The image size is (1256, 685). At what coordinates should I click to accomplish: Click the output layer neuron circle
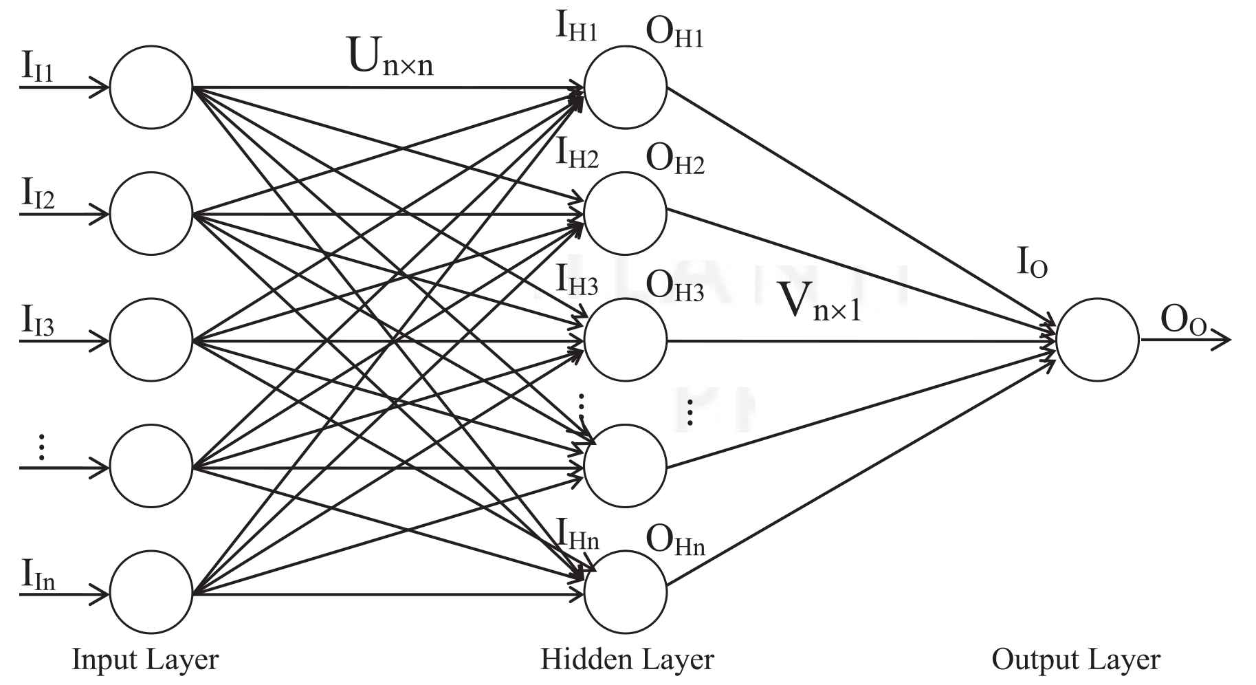[1097, 340]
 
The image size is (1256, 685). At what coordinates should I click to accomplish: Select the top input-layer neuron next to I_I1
[151, 87]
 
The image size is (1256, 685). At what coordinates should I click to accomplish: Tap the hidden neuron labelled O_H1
[625, 87]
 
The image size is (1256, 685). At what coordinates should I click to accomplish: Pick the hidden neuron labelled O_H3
[625, 340]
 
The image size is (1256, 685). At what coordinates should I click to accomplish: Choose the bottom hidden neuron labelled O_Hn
[625, 592]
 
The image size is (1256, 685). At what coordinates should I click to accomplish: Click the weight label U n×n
[390, 56]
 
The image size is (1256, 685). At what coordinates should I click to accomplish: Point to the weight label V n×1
[819, 303]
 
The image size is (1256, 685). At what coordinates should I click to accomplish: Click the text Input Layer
[145, 659]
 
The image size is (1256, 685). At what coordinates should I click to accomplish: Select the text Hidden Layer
[627, 659]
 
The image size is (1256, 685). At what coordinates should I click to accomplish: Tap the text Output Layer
[1075, 659]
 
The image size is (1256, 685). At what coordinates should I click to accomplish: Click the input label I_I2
[38, 194]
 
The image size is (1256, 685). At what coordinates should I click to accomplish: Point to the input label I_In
[38, 576]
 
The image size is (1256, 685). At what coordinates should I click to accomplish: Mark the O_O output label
[1183, 320]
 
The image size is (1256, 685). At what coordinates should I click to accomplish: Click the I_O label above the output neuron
[1032, 263]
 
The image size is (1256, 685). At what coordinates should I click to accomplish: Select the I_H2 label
[577, 153]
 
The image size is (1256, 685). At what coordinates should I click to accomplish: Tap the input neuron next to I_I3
[151, 340]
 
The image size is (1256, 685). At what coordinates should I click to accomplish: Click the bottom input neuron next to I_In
[151, 592]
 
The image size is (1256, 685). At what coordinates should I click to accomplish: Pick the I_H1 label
[576, 28]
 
